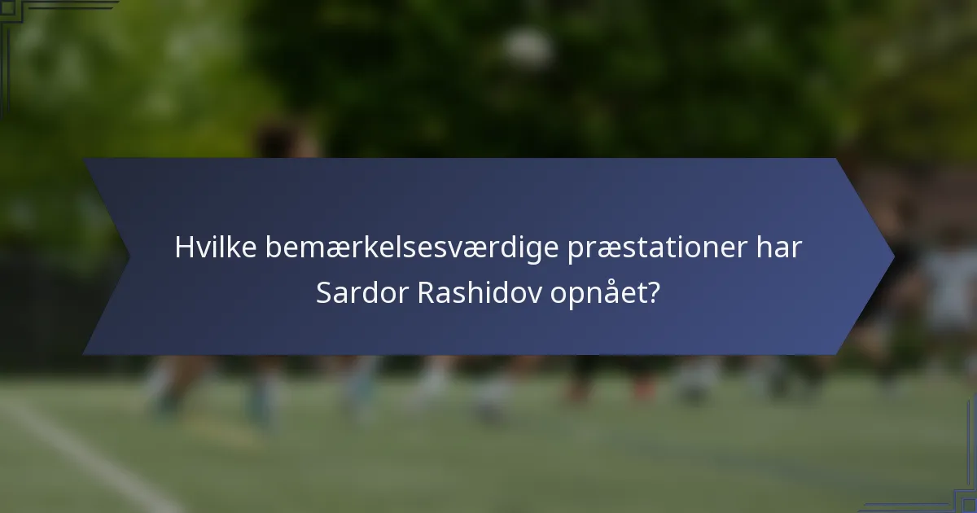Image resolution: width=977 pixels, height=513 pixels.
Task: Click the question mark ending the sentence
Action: tap(652, 294)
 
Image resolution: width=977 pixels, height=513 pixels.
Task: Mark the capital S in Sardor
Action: tap(323, 294)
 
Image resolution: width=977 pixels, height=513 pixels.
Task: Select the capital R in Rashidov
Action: tap(423, 294)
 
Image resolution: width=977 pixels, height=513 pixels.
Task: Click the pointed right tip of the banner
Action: tap(892, 256)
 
